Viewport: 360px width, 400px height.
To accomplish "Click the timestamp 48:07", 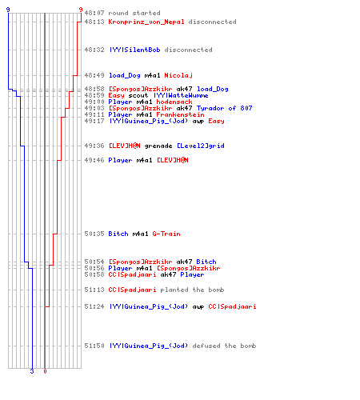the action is point(94,13).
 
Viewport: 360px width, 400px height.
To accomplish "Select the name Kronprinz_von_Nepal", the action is point(146,22).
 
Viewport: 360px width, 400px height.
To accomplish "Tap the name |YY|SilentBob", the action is point(135,50).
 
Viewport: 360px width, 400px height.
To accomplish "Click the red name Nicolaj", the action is point(178,75).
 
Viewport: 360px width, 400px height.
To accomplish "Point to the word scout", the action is point(138,95).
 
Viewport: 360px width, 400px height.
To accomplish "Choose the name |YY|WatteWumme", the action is point(181,95).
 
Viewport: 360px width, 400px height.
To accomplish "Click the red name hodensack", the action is point(174,102).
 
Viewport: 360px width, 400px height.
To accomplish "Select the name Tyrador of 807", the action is point(224,108).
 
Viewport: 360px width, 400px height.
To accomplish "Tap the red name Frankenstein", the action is point(180,114).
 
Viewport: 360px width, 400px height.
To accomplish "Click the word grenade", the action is point(158,146).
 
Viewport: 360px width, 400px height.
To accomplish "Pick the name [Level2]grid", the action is point(201,146).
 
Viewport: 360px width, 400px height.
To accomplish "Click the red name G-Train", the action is point(166,234).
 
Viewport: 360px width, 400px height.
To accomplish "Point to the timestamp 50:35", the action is point(94,234).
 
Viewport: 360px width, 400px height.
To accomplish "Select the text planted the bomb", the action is point(192,290).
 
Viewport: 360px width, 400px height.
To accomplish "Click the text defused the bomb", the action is point(224,346).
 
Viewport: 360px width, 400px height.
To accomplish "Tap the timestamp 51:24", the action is point(94,306).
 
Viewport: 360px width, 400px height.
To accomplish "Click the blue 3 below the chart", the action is point(32,371).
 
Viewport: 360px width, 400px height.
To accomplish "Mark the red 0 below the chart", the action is point(45,371).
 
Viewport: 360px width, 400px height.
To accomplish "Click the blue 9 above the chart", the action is point(8,10).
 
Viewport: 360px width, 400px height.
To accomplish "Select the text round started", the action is point(134,13).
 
